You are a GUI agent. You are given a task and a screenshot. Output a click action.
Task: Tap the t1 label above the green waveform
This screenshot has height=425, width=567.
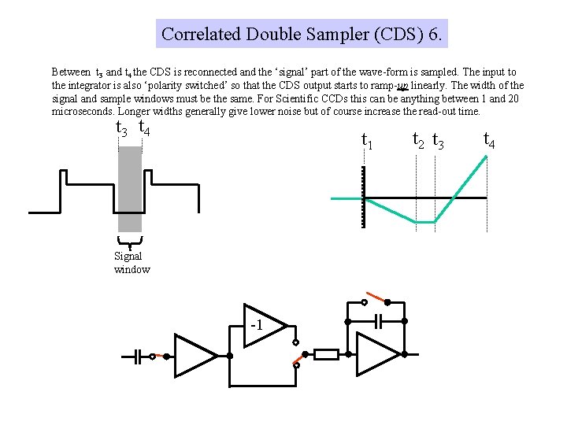tap(366, 140)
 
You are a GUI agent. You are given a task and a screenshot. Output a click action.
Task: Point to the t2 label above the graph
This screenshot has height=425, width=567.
tap(419, 139)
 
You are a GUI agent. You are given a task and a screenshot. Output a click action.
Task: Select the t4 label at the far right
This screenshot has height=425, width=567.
tap(488, 140)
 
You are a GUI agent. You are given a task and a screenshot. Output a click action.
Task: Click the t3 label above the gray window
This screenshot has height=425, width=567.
tap(121, 128)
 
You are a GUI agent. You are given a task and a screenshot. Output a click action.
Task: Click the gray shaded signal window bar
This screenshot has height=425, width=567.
tap(130, 189)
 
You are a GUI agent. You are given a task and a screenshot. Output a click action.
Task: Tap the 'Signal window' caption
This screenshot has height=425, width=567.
tap(131, 263)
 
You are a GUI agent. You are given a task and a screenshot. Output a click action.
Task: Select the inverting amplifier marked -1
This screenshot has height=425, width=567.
tap(259, 323)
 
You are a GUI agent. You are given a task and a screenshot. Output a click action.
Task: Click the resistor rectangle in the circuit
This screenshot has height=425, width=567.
tap(326, 355)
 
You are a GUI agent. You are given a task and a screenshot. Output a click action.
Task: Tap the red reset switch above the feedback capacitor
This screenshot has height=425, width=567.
tap(376, 300)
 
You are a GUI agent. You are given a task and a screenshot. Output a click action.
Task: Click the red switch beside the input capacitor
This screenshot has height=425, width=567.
tap(160, 356)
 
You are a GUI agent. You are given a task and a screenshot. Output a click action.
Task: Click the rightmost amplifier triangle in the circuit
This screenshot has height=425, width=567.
tap(376, 355)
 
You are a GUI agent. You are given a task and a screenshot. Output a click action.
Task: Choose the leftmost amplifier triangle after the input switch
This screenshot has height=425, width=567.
tap(193, 356)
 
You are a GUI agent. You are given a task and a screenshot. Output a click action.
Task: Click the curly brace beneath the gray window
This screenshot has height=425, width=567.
tap(129, 242)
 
